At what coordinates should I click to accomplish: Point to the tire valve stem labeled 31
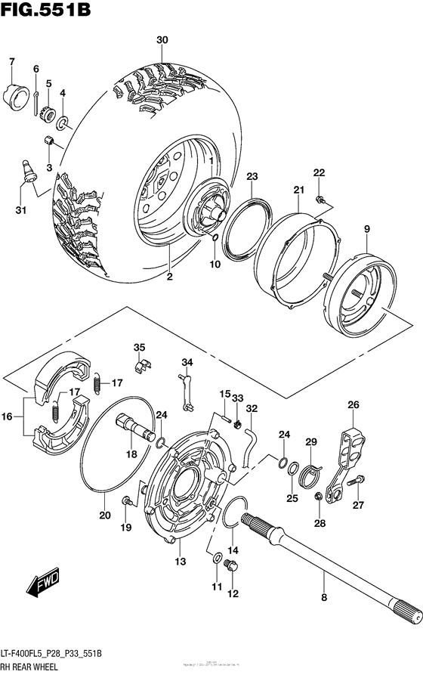(28, 171)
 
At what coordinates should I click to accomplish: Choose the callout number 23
(251, 176)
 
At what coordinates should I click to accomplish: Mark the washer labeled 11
(218, 558)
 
